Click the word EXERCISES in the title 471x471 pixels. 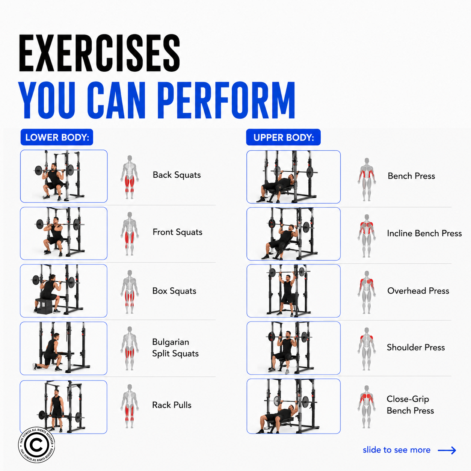pos(99,53)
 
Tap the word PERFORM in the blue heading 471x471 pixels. pos(226,100)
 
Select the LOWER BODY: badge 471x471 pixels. pos(57,137)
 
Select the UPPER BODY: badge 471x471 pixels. pos(283,137)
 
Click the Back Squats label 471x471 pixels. pos(177,175)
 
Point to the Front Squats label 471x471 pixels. pos(177,232)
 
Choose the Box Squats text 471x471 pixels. pos(174,291)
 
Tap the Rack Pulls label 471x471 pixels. pos(172,405)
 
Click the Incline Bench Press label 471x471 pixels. pos(424,233)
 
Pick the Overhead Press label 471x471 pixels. pos(418,291)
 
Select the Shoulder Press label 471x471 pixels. pos(416,347)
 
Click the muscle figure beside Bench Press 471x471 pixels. pos(367,180)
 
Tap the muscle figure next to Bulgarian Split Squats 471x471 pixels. pos(130,349)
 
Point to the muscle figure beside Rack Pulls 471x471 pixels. pos(130,406)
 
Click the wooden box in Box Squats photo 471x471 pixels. pos(44,305)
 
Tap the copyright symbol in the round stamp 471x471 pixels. pos(36,445)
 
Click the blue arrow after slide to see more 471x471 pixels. pos(447,450)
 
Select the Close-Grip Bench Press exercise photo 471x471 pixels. pos(294,406)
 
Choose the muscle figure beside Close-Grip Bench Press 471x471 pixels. pos(367,407)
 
